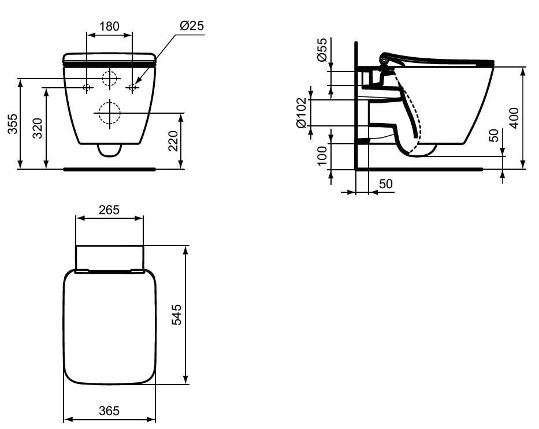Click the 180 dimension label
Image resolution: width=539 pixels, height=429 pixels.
pos(109,27)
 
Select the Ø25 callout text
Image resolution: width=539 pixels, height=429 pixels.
pos(191,25)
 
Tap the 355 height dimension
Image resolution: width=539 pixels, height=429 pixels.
pos(13,124)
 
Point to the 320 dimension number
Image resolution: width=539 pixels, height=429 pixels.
pos(38,128)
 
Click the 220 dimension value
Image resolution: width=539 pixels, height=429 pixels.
pos(173,141)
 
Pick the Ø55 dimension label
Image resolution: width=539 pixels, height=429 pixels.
pos(322,50)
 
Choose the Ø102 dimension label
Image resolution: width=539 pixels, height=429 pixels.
pos(301,113)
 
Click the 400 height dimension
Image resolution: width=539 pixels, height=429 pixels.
pos(514,118)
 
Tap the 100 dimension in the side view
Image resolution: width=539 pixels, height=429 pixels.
pos(322,155)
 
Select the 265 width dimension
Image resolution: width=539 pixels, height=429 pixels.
pos(109,210)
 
